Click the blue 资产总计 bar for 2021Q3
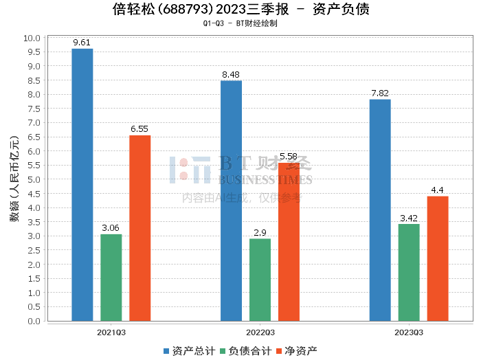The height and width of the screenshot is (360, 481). (82, 185)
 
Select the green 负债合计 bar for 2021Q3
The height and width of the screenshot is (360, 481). (111, 278)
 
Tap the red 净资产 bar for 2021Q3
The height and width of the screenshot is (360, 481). (140, 228)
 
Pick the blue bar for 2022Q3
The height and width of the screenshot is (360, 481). (232, 201)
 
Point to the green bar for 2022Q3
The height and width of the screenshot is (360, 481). (260, 280)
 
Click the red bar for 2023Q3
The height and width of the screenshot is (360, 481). (438, 258)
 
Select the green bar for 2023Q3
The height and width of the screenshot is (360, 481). (409, 273)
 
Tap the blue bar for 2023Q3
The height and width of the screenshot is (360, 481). (380, 210)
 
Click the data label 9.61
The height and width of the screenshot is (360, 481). (82, 43)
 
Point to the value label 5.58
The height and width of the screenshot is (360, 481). (289, 157)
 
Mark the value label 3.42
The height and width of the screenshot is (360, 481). (409, 218)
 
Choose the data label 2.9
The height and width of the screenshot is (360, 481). (260, 232)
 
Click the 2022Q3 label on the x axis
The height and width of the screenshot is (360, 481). (260, 333)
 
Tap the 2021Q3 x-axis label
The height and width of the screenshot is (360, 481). (111, 333)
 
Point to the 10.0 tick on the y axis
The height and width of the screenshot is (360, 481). (32, 38)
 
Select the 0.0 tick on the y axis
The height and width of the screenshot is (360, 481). (34, 321)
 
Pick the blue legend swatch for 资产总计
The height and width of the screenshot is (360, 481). (166, 351)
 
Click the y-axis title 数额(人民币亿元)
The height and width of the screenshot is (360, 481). (14, 179)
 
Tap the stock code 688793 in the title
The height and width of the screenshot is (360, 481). (186, 9)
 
